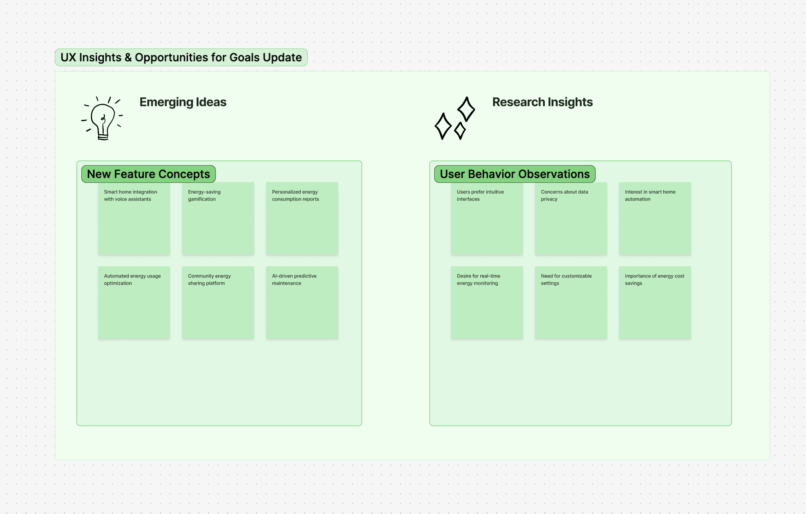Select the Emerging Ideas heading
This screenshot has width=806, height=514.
point(183,102)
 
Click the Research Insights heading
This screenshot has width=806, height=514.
point(542,102)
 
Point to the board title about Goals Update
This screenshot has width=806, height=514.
point(181,57)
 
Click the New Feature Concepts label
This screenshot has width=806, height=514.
point(149,174)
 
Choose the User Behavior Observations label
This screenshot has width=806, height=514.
point(515,174)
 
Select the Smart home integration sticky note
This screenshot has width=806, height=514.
point(134,219)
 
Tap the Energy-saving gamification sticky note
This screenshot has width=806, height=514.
point(218,219)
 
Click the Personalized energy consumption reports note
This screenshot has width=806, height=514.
point(302,219)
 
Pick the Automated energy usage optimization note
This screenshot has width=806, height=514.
point(134,303)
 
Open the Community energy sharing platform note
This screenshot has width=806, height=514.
point(218,303)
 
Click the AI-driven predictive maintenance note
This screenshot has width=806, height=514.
point(302,303)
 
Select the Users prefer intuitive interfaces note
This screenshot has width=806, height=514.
point(487,219)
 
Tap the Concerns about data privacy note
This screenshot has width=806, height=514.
point(571,219)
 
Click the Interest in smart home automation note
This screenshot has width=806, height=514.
point(655,219)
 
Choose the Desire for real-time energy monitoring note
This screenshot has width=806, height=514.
point(487,303)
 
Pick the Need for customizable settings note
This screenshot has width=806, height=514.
point(571,303)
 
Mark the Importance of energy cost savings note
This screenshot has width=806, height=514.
point(655,303)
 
